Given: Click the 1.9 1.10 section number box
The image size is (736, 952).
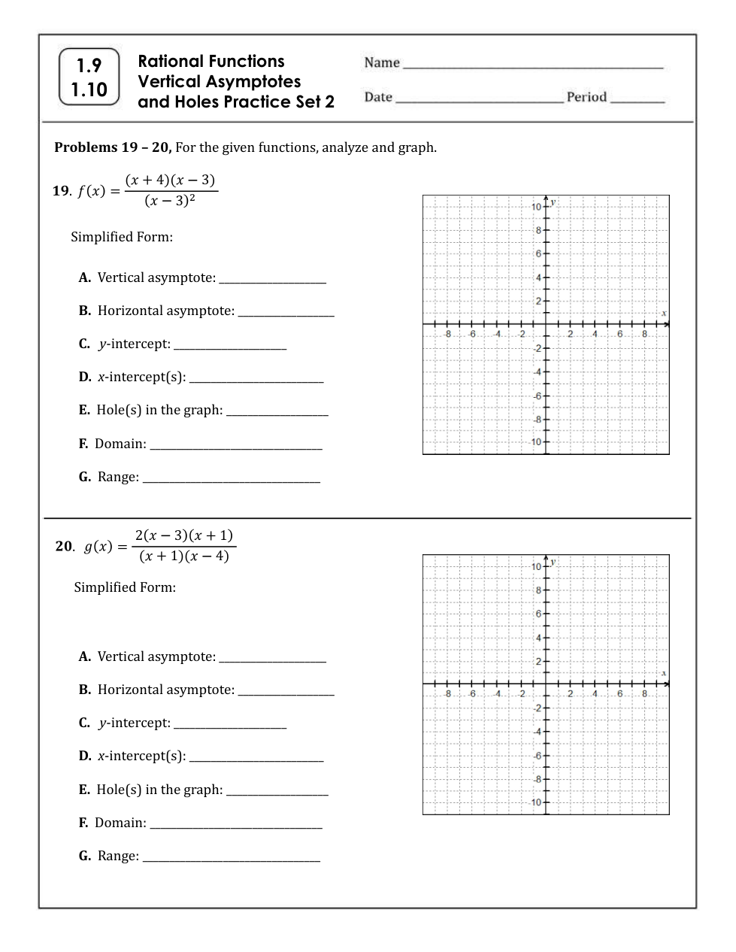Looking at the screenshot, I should coord(89,77).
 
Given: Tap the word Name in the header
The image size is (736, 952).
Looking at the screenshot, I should coord(382,63).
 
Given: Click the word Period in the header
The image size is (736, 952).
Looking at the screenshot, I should coord(586,97).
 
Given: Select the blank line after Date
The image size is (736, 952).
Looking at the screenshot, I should coord(479,100).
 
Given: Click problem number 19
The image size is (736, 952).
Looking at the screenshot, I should coord(61,191).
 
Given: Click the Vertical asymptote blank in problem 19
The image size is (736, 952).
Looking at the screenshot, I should coord(272,281).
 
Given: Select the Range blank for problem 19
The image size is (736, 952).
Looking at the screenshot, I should coord(231,481).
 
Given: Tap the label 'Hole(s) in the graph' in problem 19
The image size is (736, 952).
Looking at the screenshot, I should coord(159,411).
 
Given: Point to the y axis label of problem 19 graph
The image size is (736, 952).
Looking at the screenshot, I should coord(553,202).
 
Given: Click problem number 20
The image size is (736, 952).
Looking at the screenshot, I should coord(64,547).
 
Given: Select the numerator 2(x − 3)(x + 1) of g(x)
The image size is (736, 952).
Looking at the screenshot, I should coord(184,535).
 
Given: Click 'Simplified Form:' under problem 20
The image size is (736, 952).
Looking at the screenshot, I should coord(125,587).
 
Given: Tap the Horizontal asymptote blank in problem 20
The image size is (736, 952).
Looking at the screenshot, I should coord(286,693).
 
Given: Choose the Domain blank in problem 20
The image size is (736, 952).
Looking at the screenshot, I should coord(236,826).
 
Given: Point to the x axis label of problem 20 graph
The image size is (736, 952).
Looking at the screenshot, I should coord(664,673).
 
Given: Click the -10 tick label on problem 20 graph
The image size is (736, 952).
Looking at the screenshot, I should coord(535,802).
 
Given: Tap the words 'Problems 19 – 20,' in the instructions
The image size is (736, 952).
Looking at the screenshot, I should coord(113,147).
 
